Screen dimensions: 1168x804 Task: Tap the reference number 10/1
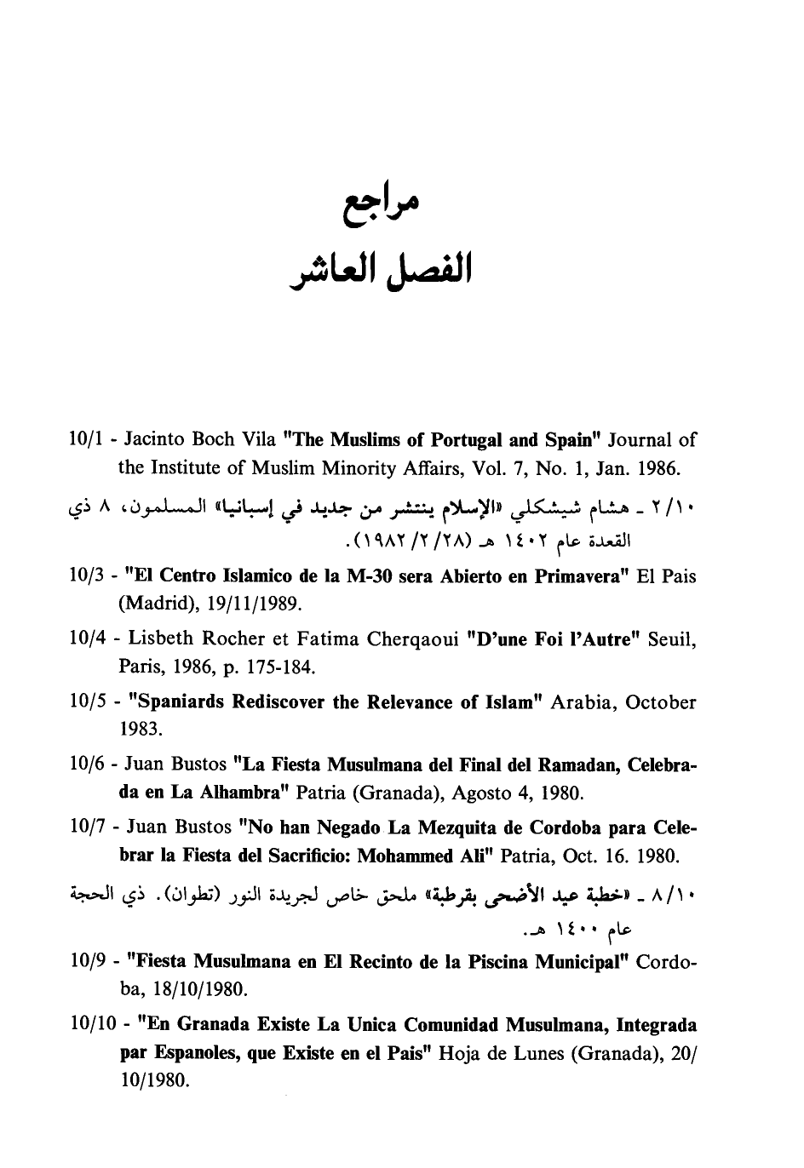[x=87, y=440]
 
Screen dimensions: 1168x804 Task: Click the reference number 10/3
[x=87, y=576]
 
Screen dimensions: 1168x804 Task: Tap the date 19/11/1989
[x=251, y=604]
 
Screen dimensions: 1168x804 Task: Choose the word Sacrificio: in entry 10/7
[x=301, y=856]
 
